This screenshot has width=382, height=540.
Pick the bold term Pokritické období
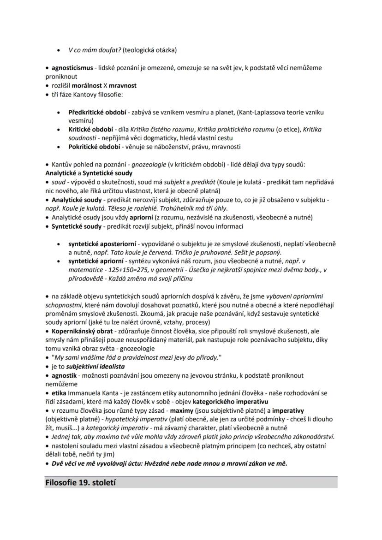93,147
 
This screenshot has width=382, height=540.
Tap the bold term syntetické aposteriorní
102,243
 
